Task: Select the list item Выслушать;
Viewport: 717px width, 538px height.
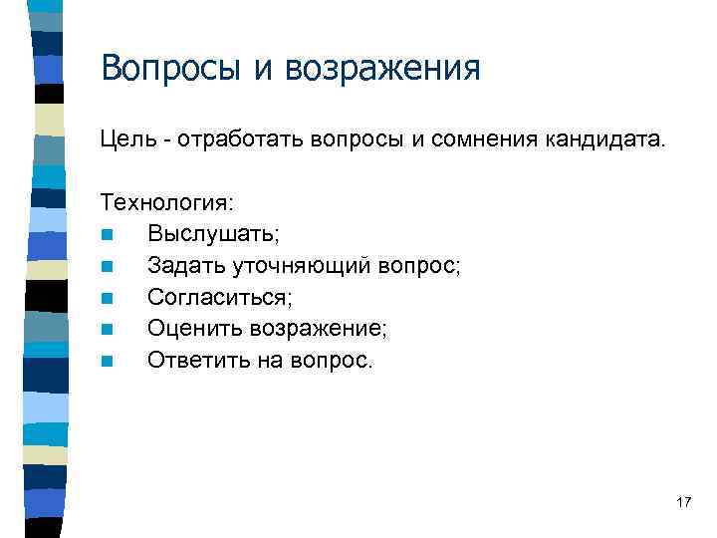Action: [x=213, y=234]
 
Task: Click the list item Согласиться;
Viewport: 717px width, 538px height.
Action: [x=221, y=298]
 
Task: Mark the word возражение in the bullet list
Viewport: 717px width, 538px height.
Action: [x=314, y=329]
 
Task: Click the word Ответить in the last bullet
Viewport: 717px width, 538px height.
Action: [x=192, y=361]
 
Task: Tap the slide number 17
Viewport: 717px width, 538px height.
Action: [x=682, y=502]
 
